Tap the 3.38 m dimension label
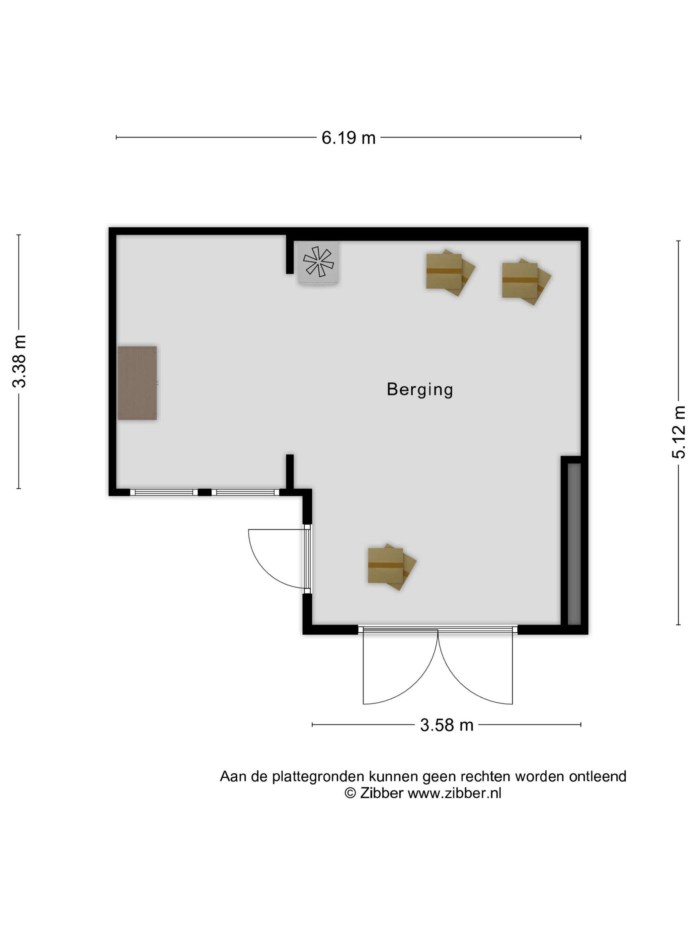(20, 361)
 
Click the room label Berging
(420, 390)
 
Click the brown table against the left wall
(137, 383)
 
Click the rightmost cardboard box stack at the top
(526, 281)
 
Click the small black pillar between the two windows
(204, 492)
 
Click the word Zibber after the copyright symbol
(382, 793)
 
